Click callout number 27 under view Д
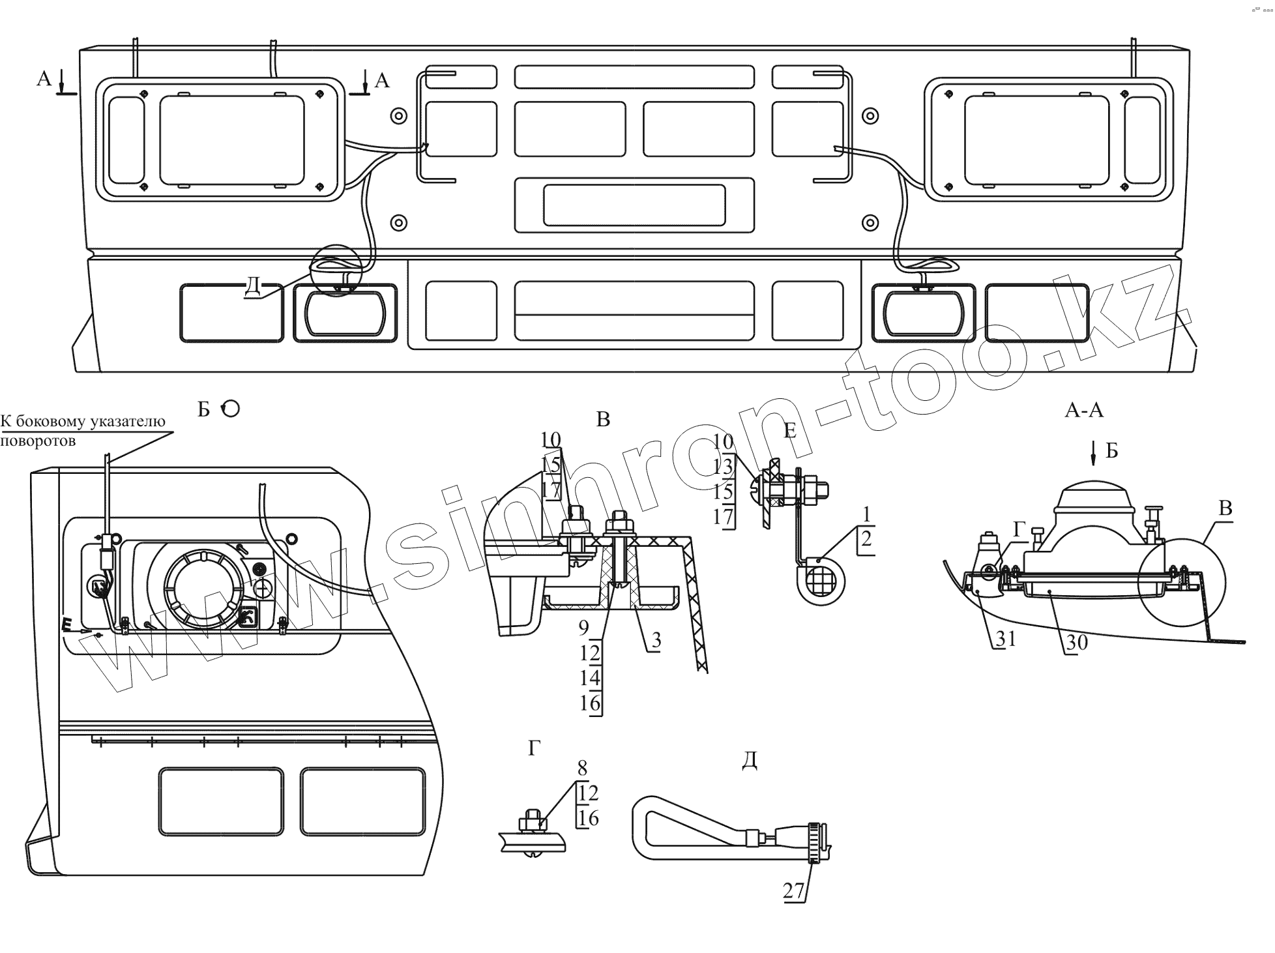794,890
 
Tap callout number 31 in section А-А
1005,638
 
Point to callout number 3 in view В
656,640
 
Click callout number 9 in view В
583,628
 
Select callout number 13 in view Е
724,466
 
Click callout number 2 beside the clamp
866,538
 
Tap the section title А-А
1084,410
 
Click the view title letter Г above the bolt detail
535,749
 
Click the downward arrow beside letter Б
1094,453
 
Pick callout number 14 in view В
589,678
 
